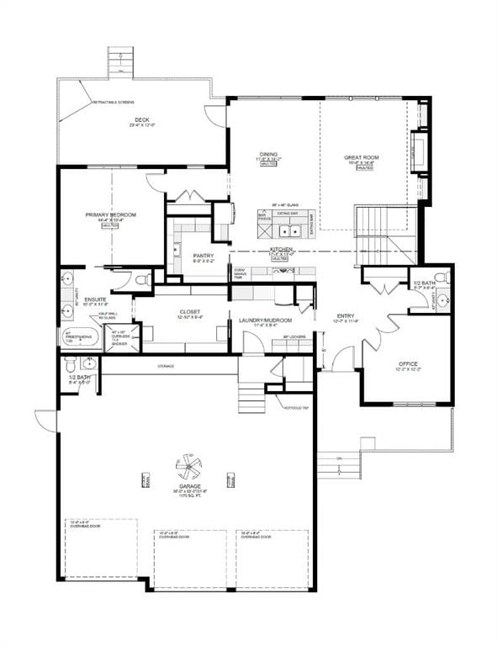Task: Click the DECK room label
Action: click(x=142, y=120)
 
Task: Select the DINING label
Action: click(x=268, y=154)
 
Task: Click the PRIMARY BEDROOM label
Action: click(x=110, y=215)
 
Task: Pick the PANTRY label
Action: click(x=203, y=256)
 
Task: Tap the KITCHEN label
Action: click(x=280, y=251)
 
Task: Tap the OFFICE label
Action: click(x=407, y=363)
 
